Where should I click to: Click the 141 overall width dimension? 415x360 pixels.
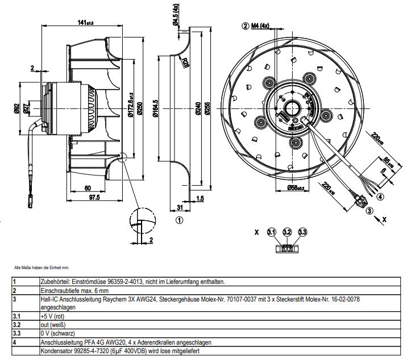point(86,22)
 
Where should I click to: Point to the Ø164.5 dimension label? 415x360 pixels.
point(155,107)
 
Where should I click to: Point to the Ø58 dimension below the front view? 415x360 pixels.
point(296,188)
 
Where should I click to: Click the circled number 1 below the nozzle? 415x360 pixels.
point(180,219)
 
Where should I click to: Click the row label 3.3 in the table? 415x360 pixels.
point(17,334)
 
